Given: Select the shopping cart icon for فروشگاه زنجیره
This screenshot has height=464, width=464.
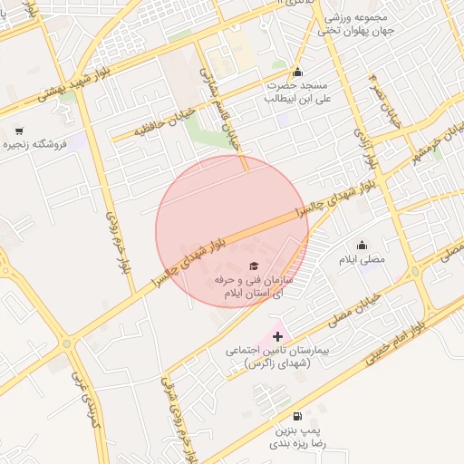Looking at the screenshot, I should tap(19, 130).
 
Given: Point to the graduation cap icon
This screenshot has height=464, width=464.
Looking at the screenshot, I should tap(253, 266).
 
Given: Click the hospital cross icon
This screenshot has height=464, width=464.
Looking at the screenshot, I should tap(277, 337).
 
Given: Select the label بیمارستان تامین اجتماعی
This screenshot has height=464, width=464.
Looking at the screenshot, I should tap(277, 355).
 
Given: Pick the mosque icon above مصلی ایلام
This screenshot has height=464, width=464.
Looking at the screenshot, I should tap(362, 245).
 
